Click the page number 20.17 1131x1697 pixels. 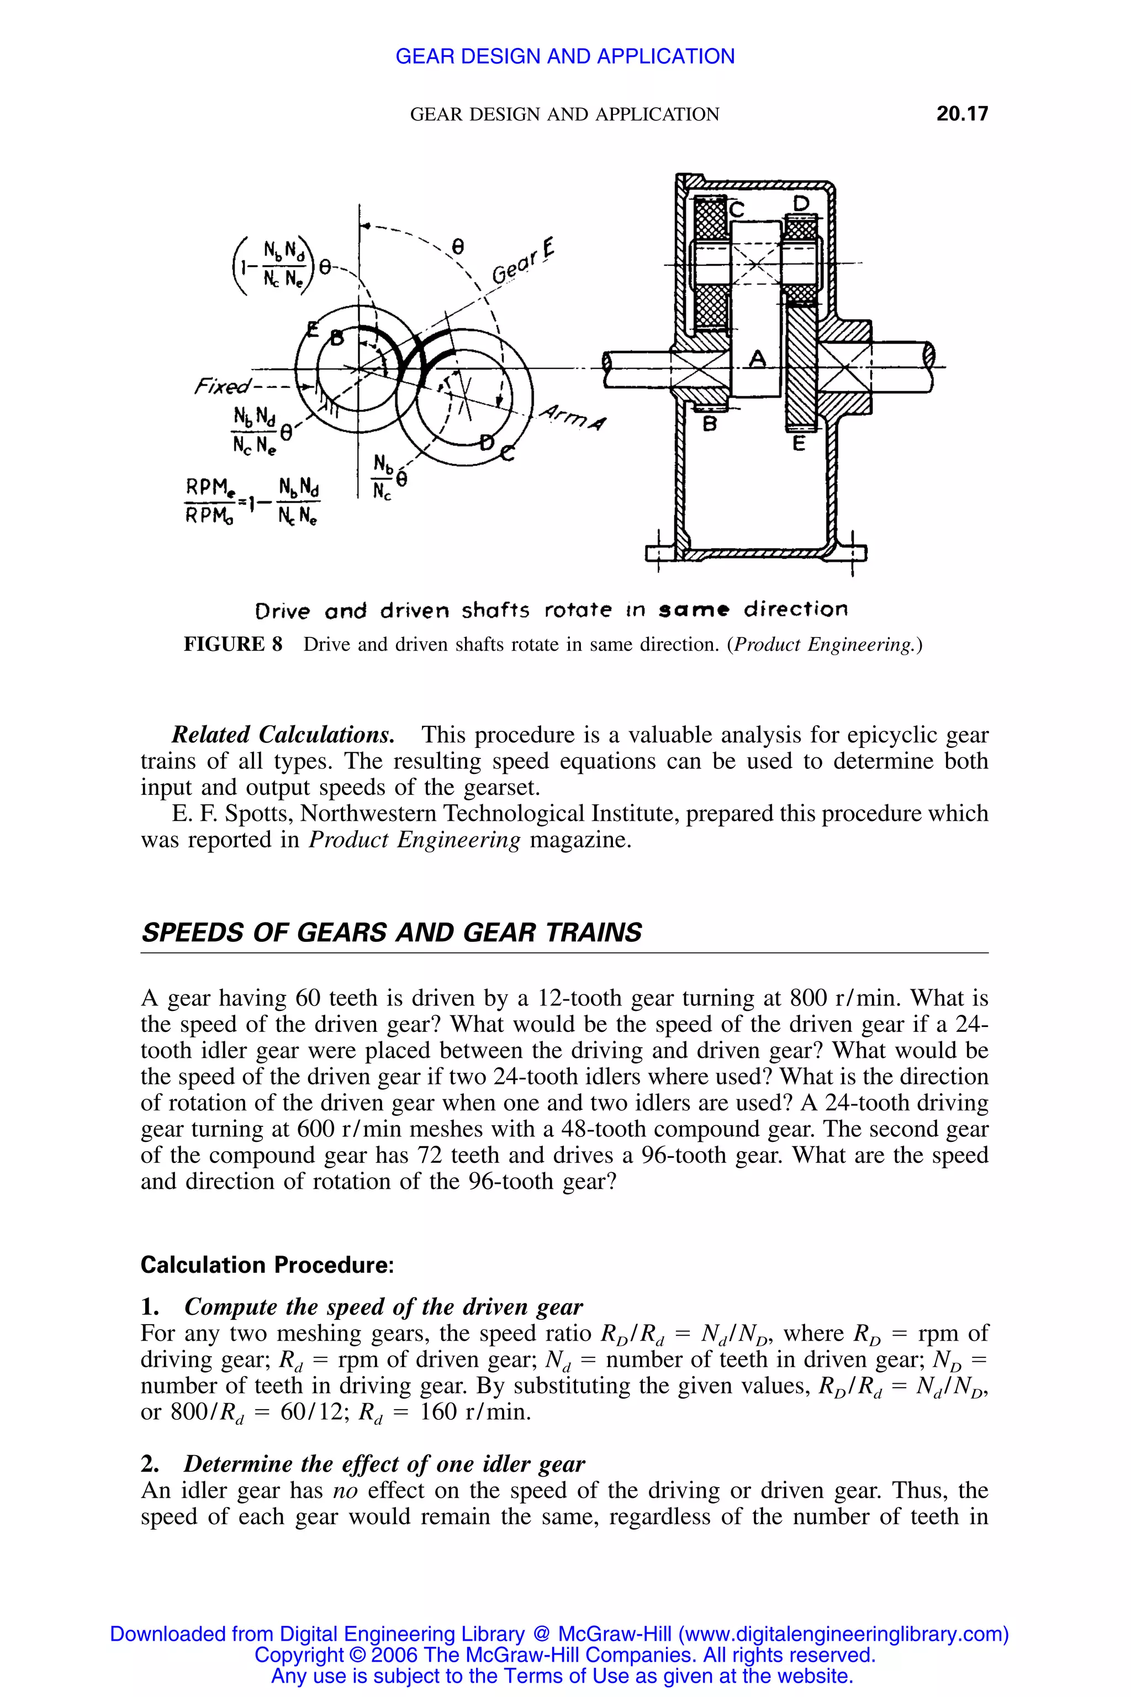(x=961, y=114)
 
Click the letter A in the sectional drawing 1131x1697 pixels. (x=757, y=358)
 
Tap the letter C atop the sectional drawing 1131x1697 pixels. (x=737, y=209)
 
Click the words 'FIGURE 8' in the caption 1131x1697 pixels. (x=233, y=644)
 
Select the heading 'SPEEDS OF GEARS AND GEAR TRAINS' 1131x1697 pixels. (x=391, y=933)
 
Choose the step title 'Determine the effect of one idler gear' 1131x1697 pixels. (x=384, y=1464)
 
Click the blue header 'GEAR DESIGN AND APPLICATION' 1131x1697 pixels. (x=565, y=56)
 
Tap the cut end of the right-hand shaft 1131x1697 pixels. (x=929, y=356)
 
